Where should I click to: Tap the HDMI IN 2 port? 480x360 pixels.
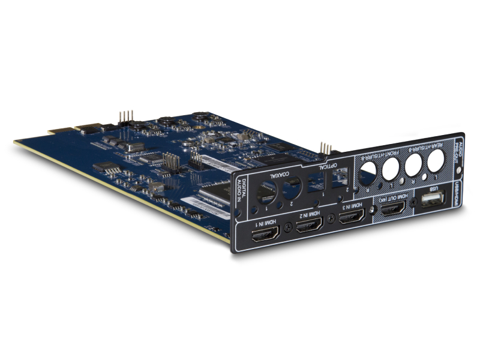coord(310,226)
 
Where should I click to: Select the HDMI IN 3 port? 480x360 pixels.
coord(351,217)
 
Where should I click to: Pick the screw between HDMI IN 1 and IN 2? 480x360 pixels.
coord(286,227)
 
